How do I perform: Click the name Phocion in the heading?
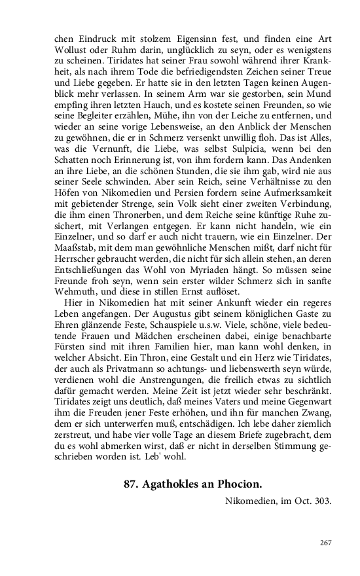click(x=232, y=484)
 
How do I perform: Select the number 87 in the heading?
click(x=131, y=484)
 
